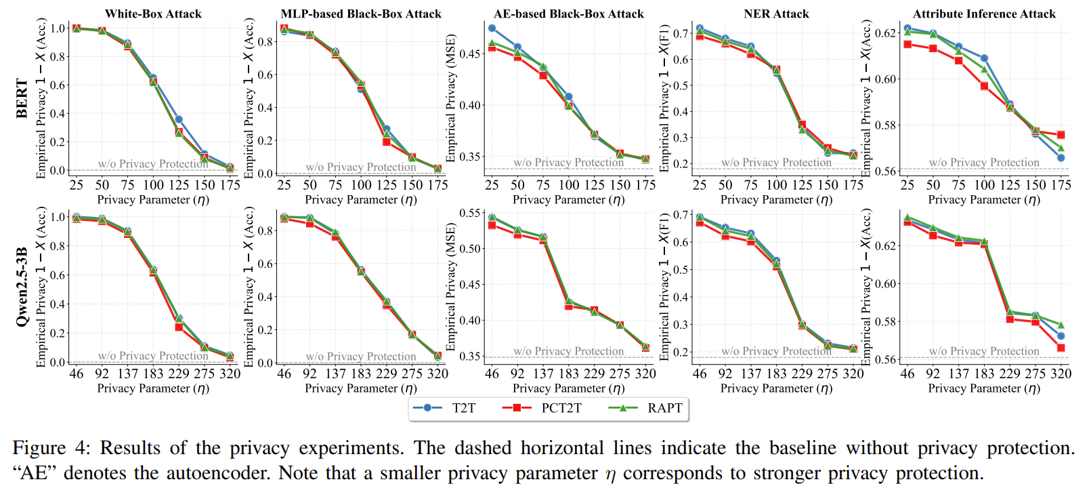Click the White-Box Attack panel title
coord(153,14)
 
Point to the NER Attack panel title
coord(776,14)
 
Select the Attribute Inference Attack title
coord(984,14)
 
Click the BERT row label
coord(22,99)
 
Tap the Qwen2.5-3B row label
coord(22,286)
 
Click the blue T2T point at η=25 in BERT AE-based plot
coord(492,28)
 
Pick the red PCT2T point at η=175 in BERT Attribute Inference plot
coord(1061,135)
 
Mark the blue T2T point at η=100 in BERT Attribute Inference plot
coord(984,58)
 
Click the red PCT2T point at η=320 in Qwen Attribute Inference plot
coord(1061,348)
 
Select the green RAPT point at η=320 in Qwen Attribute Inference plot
coord(1061,325)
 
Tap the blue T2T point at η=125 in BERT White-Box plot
coord(179,119)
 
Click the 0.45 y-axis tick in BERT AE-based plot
coord(471,54)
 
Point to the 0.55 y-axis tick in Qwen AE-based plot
coord(471,213)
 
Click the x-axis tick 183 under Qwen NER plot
coord(776,373)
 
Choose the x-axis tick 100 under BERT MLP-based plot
coord(361,185)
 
